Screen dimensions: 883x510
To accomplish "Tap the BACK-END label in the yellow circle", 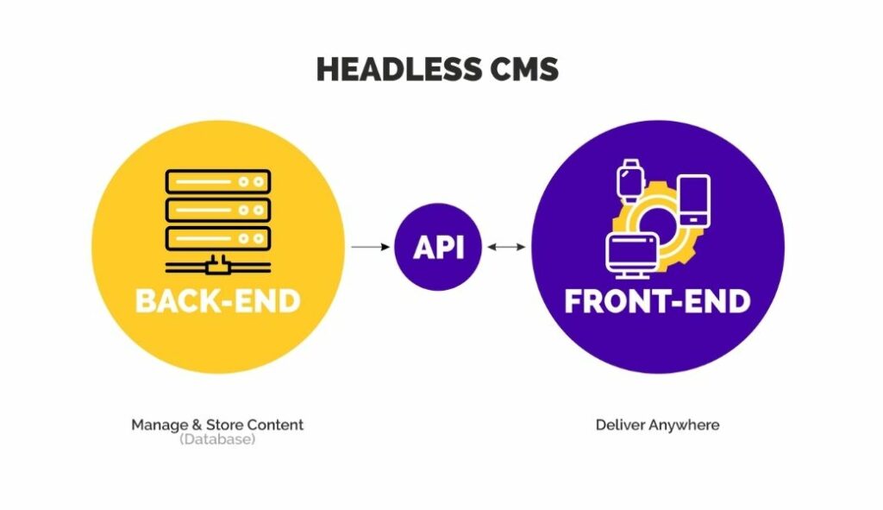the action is click(218, 301).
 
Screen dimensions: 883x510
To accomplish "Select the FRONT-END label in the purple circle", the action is click(657, 301).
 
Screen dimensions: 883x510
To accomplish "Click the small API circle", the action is click(438, 247).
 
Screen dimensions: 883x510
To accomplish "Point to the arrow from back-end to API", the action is click(371, 247).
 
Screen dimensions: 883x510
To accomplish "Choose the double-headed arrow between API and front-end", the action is click(506, 247).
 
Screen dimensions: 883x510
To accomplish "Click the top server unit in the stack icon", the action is click(218, 182).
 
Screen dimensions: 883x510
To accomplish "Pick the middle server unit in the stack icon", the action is click(218, 211).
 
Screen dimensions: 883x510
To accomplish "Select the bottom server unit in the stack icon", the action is click(218, 238).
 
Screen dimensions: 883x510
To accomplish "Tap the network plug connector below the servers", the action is click(218, 265).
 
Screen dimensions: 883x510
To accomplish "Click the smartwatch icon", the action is click(630, 180).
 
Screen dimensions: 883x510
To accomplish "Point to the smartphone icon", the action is click(694, 201).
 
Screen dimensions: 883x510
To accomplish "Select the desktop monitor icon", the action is click(632, 255).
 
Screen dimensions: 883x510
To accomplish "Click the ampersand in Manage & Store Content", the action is click(197, 425).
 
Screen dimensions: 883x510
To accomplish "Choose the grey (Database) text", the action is click(217, 439).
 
